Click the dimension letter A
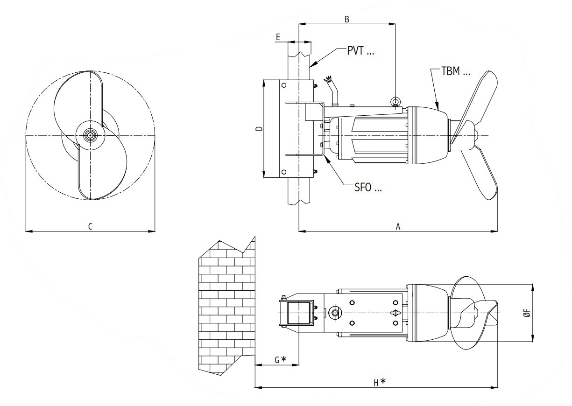[398, 226]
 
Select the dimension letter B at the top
[346, 19]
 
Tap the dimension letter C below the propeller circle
[90, 226]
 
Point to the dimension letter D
[260, 129]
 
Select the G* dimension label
[280, 359]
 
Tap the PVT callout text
[360, 51]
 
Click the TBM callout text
[455, 72]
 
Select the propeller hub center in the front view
[89, 135]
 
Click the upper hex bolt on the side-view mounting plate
[283, 85]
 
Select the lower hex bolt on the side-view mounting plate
[283, 172]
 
